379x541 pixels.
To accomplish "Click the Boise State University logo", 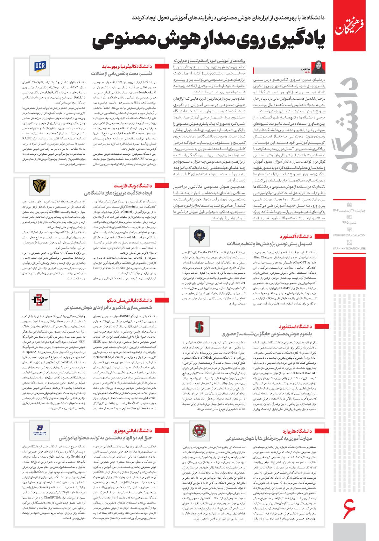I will (40, 430).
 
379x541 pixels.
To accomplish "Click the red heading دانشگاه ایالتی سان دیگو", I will (134, 300).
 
